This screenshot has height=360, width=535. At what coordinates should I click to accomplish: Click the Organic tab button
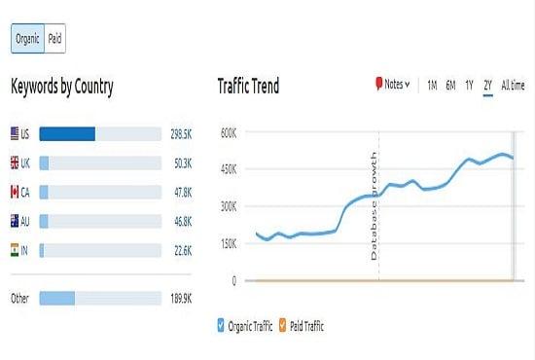(x=27, y=39)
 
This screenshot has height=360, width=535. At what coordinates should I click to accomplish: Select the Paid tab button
(x=54, y=39)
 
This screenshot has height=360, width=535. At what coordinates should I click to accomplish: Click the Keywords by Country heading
(x=62, y=88)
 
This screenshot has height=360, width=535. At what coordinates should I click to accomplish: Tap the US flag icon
(x=14, y=133)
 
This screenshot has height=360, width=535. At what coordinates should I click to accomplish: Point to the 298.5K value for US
(x=182, y=133)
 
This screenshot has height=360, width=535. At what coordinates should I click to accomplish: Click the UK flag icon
(x=14, y=162)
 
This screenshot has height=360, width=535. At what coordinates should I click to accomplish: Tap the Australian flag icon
(x=14, y=222)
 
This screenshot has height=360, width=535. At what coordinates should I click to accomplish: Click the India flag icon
(x=14, y=251)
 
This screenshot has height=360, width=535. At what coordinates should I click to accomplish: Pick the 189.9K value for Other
(x=182, y=298)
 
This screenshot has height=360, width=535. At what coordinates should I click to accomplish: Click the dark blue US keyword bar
(x=67, y=133)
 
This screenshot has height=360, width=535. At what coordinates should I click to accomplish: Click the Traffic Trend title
(x=248, y=87)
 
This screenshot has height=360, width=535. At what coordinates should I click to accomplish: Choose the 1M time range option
(x=432, y=86)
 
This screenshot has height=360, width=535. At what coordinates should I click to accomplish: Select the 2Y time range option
(x=487, y=86)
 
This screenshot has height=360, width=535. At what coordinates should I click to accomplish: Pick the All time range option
(x=512, y=86)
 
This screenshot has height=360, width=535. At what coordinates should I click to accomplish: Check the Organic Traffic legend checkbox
(x=222, y=326)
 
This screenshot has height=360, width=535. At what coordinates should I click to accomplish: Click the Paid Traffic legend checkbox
(x=283, y=326)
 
